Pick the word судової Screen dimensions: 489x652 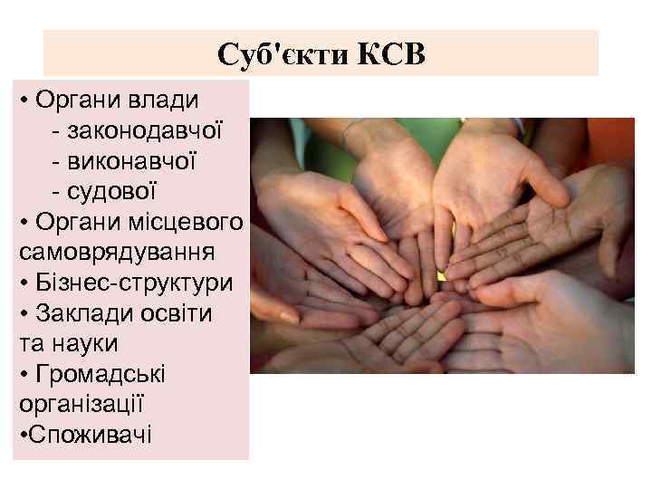pyautogui.click(x=116, y=191)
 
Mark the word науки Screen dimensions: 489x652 pyautogui.click(x=94, y=344)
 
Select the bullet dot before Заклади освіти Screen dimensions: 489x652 pyautogui.click(x=22, y=314)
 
